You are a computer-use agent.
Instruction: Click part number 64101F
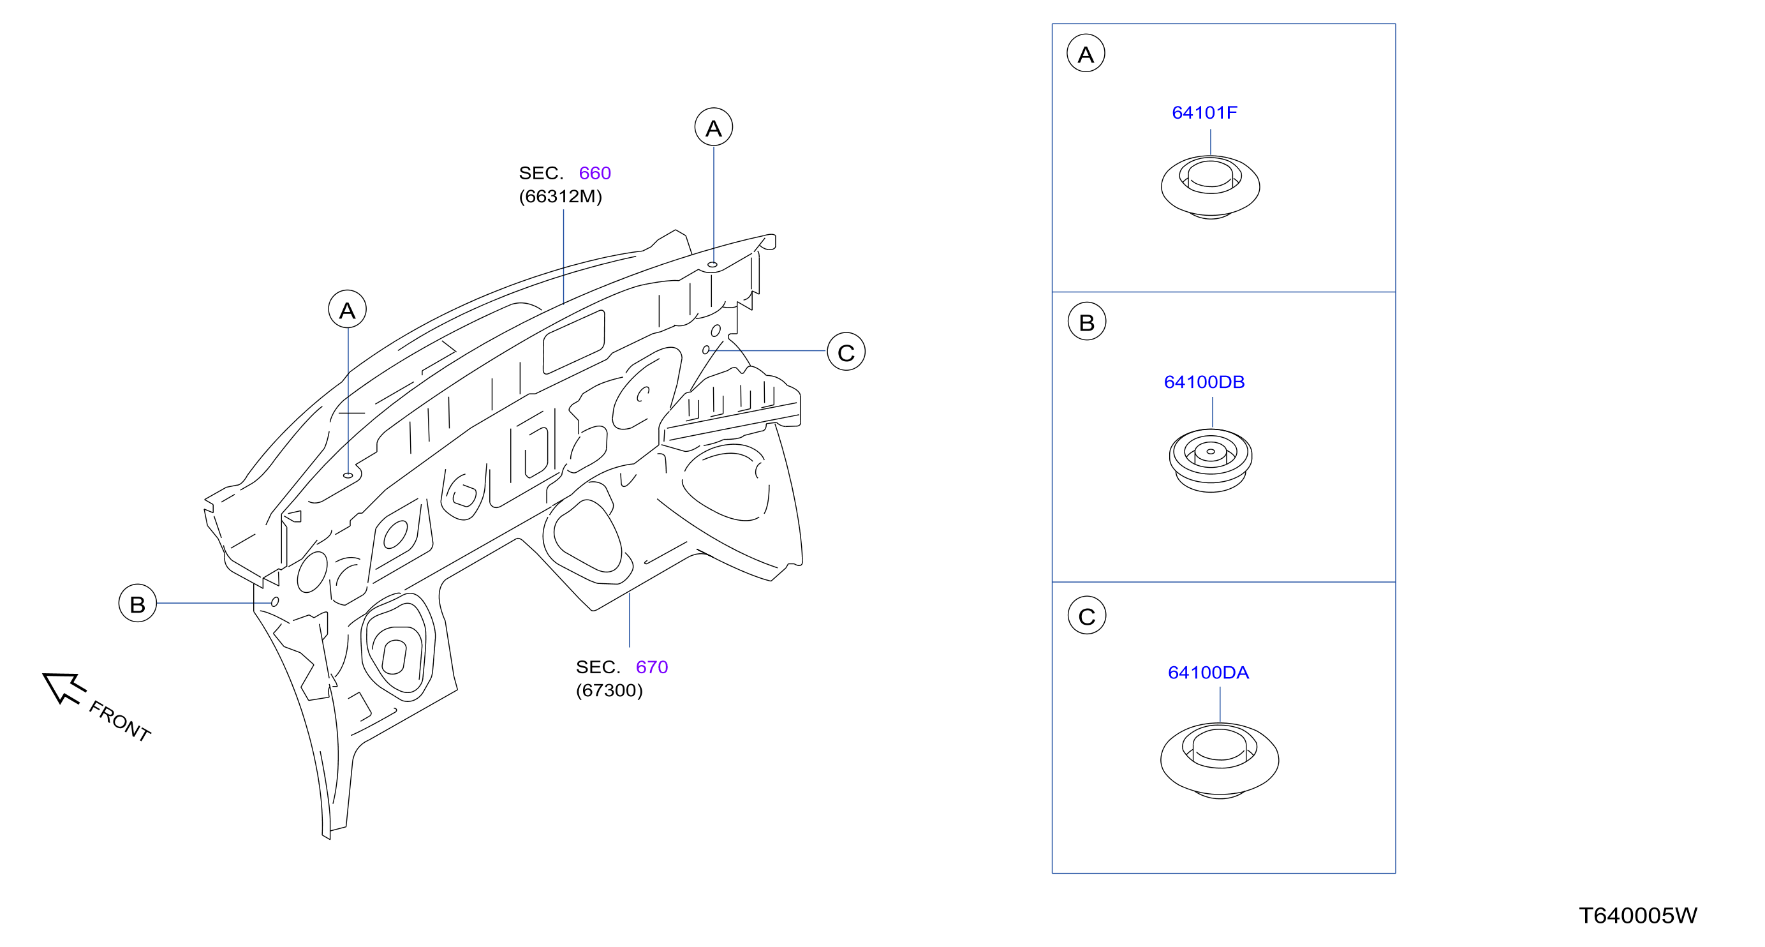(1204, 112)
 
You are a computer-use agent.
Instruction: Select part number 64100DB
(1204, 382)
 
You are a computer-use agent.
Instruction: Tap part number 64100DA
(1208, 672)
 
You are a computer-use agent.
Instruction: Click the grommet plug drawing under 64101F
(1210, 187)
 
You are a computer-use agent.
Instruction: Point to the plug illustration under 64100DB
(1210, 461)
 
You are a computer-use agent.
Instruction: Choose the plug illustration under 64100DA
(1220, 760)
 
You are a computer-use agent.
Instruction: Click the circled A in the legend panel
(1086, 54)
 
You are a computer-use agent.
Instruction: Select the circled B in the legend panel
(1087, 322)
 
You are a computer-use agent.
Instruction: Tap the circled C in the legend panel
(1087, 615)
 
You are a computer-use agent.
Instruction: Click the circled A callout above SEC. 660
(714, 127)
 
